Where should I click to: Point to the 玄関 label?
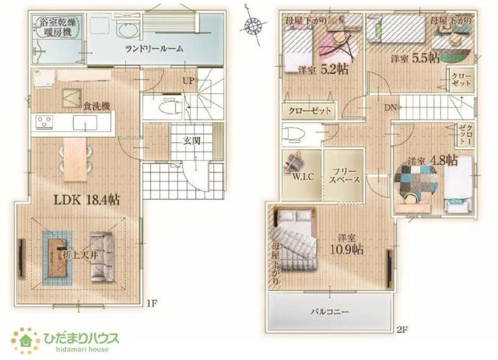192,141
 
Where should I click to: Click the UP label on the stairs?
188,80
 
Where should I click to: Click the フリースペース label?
343,174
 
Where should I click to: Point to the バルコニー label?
330,312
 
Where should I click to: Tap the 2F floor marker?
402,330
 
